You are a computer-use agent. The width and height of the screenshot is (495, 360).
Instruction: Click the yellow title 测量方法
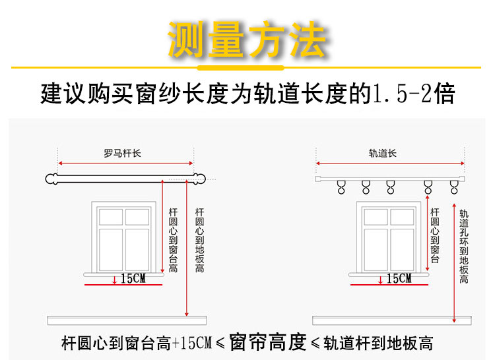[248, 40]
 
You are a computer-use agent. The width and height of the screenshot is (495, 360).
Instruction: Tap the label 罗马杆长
[123, 154]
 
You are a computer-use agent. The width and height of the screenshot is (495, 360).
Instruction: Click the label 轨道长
[383, 154]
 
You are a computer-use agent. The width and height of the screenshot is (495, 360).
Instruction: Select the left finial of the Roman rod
[51, 179]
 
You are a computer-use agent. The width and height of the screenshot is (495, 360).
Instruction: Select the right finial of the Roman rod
[199, 179]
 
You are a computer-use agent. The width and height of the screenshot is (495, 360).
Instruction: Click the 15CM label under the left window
[133, 278]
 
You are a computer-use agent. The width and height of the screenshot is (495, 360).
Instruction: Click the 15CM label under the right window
[399, 278]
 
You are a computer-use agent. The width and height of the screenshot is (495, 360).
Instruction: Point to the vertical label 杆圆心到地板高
[199, 240]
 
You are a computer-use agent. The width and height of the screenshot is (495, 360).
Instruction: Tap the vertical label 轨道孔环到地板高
[464, 247]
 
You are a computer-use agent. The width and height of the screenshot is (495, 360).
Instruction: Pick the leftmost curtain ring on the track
[341, 187]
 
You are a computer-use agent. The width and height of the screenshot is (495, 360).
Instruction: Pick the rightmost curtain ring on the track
[454, 187]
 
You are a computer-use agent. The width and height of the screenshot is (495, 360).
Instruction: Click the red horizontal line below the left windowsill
[123, 285]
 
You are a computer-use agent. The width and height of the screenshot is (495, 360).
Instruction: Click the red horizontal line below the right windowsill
[389, 285]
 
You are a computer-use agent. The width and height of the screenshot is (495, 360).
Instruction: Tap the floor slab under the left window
[127, 320]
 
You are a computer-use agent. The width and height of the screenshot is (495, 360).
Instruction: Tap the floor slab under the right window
[392, 320]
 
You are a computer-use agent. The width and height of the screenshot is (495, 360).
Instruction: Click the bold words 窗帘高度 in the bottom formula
[268, 342]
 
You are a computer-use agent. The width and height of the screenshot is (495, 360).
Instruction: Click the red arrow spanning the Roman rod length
[125, 164]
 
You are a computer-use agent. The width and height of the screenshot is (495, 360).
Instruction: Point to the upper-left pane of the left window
[111, 217]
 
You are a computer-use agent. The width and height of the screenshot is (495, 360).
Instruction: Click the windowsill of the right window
[389, 275]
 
